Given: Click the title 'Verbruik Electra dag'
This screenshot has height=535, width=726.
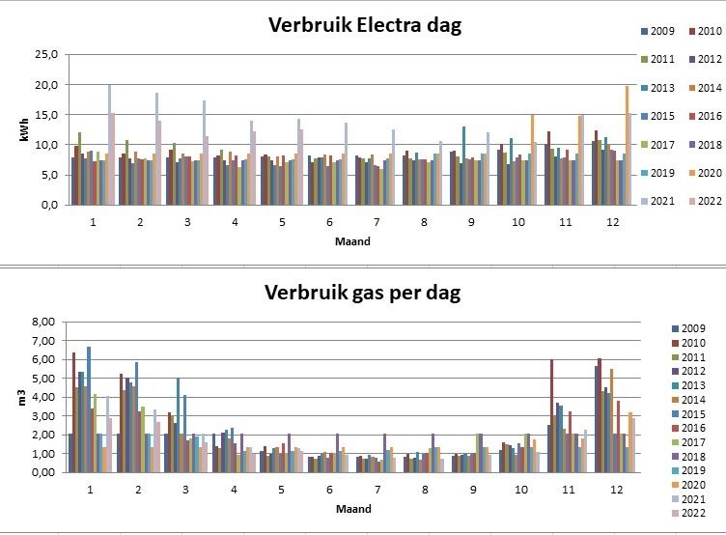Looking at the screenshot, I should tap(351, 26).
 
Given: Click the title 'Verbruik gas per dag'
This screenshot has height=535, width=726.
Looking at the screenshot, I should tap(351, 293).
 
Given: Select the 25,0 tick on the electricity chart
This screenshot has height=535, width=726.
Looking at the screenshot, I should tap(45, 54).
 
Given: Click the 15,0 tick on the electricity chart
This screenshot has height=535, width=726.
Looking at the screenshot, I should tap(45, 115).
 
